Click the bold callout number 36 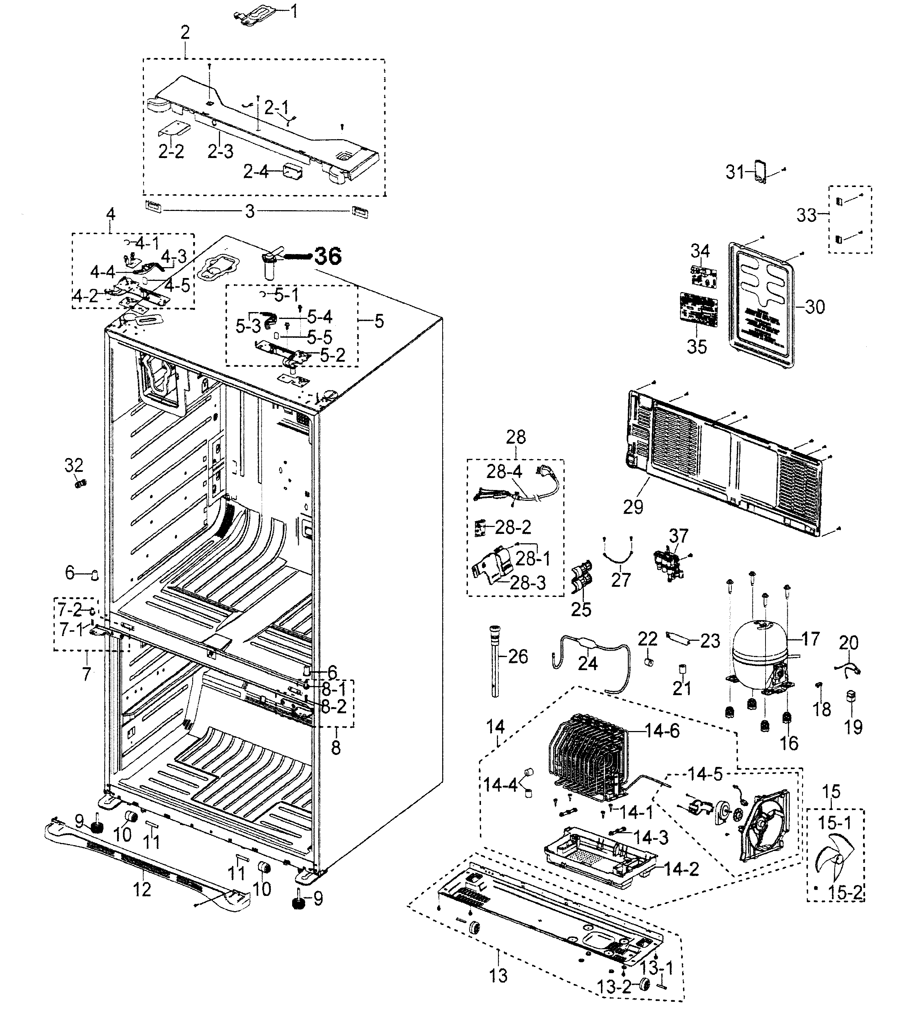point(328,256)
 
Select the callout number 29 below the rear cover point(633,507)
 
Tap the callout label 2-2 point(171,151)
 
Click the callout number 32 point(74,465)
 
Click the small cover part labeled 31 point(761,173)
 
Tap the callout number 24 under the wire point(588,663)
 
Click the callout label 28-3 point(528,583)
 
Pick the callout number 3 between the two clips point(250,211)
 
